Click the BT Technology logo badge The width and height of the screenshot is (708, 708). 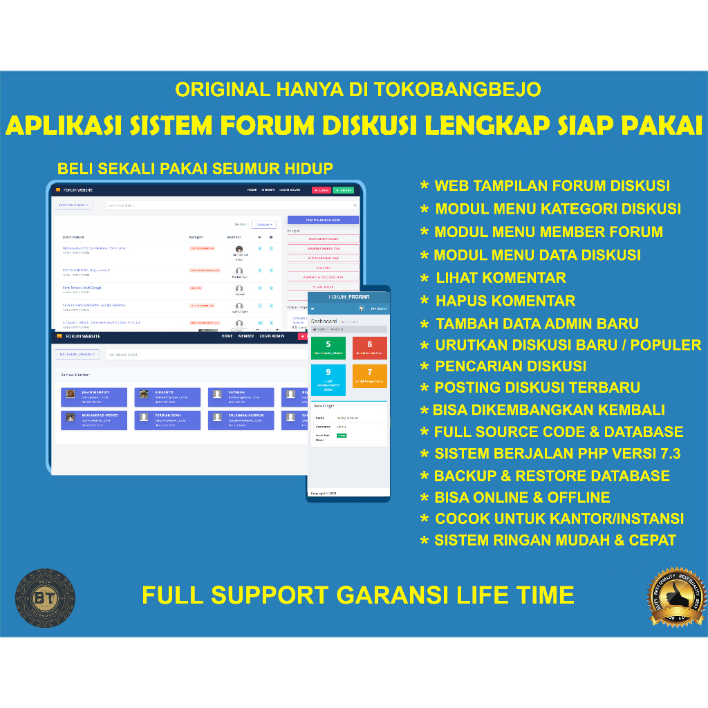[x=46, y=597]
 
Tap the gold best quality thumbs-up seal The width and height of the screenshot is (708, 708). [x=676, y=595]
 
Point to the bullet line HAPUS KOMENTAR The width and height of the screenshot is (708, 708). [x=505, y=301]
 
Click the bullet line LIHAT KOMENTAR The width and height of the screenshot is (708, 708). [x=501, y=278]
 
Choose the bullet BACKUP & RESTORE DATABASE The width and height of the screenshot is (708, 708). [x=551, y=476]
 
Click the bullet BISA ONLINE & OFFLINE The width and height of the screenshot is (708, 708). [x=522, y=497]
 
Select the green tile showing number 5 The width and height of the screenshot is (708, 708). [x=328, y=348]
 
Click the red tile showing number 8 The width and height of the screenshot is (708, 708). [x=370, y=348]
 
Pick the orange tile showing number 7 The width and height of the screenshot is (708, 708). [x=370, y=376]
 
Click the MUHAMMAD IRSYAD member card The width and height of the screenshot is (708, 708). [x=94, y=420]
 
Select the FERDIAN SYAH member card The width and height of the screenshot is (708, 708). [x=167, y=420]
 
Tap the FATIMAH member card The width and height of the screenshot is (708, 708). [x=241, y=397]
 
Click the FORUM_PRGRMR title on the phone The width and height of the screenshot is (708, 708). [x=348, y=296]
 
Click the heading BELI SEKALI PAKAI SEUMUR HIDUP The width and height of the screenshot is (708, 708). [x=195, y=168]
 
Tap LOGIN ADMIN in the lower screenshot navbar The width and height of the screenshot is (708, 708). [x=272, y=336]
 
